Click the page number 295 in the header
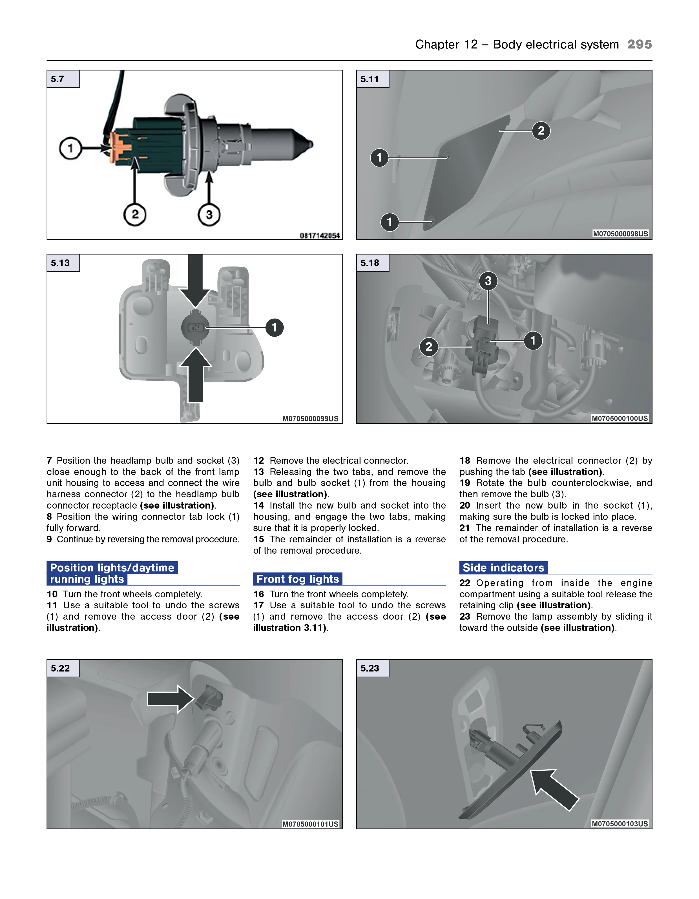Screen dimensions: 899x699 tap(639, 45)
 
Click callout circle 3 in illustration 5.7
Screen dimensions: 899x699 tap(209, 215)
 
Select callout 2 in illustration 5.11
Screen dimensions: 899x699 tap(541, 131)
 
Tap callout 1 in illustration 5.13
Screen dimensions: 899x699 tap(274, 328)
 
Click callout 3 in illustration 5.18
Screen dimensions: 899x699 tap(488, 281)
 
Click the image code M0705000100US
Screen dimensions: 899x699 tap(620, 419)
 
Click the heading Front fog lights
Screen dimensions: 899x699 tap(297, 579)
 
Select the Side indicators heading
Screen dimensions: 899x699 tap(503, 568)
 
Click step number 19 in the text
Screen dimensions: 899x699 tap(465, 483)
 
